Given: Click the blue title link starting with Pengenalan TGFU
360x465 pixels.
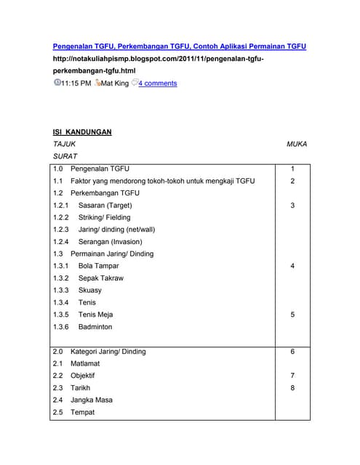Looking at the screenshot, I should coord(180,46).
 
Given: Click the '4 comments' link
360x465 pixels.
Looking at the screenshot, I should coord(157,84).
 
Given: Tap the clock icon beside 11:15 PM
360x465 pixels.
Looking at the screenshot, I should coord(57,83).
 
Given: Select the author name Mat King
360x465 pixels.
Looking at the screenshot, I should coord(115,84).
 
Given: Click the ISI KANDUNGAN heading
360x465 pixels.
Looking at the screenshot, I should coord(82,132).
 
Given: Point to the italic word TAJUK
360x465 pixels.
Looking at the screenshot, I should coord(64,145).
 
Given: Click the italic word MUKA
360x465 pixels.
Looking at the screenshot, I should coord(297,145).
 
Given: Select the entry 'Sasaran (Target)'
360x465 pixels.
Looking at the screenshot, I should coord(105,206).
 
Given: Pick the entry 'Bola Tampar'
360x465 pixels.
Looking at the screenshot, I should coord(98,266).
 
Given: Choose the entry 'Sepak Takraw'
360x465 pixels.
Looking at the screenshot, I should coord(100,278).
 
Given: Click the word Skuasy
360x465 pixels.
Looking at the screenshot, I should coord(90,290).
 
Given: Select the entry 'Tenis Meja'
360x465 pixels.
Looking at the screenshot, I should coord(95,315).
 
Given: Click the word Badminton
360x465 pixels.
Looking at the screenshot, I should coord(96,327).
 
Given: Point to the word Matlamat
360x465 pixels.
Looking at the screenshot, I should coord(85,363).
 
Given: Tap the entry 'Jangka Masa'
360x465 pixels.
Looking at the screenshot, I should coord(91,400).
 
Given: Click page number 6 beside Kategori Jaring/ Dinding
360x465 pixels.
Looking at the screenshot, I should coord(292,352).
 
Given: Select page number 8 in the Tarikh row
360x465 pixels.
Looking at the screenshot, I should coord(292,388).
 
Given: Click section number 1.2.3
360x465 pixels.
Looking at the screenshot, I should coord(61,230).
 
